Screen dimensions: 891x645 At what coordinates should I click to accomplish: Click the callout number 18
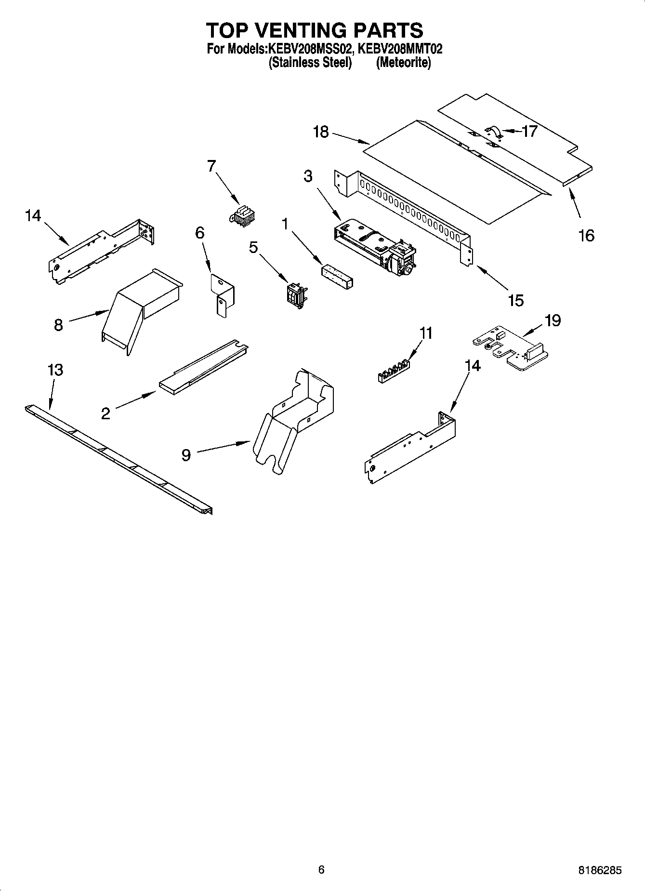pos(321,132)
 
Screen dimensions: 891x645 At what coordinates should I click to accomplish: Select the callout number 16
pos(586,236)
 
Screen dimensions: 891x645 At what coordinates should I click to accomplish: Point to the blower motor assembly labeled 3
pos(376,246)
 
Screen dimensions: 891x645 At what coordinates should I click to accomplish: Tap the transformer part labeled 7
pos(243,216)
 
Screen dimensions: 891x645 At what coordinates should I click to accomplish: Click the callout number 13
pos(55,370)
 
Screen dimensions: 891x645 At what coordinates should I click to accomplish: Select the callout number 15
pos(515,300)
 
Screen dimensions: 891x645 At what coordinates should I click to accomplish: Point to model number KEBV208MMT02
pos(400,49)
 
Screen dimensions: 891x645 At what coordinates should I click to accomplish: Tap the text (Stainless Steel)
pos(310,63)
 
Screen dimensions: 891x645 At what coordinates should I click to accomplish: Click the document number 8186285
pos(599,870)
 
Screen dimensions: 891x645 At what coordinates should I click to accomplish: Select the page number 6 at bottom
pos(321,869)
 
